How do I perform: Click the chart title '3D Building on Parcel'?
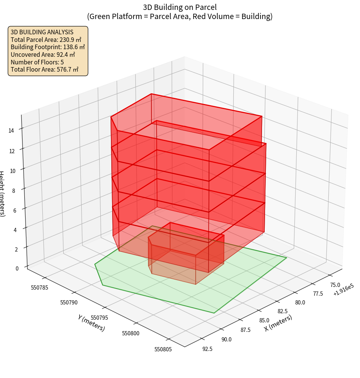[180, 7]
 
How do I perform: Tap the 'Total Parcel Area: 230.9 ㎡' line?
[46, 40]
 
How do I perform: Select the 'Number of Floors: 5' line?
[37, 62]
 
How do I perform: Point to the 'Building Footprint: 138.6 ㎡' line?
[48, 47]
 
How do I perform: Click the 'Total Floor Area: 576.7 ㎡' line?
[45, 69]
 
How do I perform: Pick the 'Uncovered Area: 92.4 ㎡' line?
[43, 54]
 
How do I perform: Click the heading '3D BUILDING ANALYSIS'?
[42, 32]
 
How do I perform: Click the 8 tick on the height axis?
[14, 190]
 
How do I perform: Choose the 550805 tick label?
[163, 349]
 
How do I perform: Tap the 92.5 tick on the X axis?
[208, 348]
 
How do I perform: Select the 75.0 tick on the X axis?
[335, 285]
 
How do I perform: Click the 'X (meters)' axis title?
[278, 323]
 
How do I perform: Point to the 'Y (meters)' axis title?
[91, 323]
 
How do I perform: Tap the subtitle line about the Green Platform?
[180, 16]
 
